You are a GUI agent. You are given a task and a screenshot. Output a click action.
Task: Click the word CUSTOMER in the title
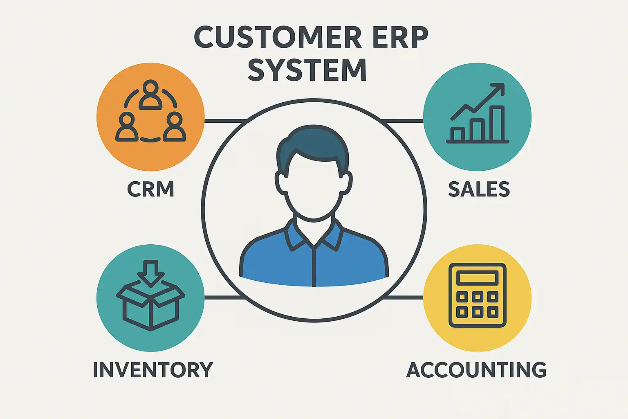(x=278, y=38)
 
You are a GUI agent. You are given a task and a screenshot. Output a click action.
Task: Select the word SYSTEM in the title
(x=307, y=70)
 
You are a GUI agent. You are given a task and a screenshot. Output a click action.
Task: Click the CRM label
(x=150, y=189)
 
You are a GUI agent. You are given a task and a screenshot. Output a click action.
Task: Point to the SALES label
(x=479, y=189)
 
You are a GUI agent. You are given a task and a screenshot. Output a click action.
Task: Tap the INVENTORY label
(x=153, y=370)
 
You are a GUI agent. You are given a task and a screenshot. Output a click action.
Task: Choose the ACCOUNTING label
(x=476, y=370)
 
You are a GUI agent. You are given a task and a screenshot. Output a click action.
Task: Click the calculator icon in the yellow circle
(x=477, y=295)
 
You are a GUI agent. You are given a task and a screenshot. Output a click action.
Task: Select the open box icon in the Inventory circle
(x=150, y=307)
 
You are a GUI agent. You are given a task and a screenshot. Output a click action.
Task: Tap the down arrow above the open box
(x=150, y=272)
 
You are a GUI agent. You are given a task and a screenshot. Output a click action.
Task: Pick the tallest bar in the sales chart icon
(x=497, y=124)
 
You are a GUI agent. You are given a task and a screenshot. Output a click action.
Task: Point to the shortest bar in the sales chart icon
(x=458, y=134)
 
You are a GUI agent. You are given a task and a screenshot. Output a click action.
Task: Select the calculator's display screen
(x=477, y=278)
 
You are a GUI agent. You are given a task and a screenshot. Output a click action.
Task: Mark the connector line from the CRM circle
(x=224, y=121)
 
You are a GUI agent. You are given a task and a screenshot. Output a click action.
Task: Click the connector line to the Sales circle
(x=403, y=121)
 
